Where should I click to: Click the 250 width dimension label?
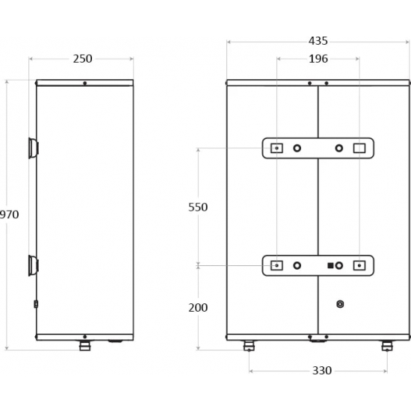pos(82,59)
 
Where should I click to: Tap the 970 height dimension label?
pos(9,214)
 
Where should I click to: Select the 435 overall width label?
pos(318,41)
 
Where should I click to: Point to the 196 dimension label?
pos(318,59)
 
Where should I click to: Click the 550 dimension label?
pos(198,207)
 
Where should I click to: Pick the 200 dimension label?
pos(198,308)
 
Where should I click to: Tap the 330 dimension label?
pos(322,371)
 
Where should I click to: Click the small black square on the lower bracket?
pos(330,265)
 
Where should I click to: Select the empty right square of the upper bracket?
pos(359,148)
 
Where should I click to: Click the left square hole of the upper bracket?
pos(276,148)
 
